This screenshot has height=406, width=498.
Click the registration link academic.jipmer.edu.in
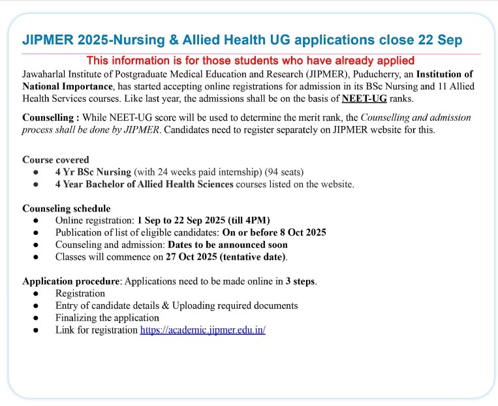pos(203,330)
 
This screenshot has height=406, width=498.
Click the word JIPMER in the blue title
pos(47,40)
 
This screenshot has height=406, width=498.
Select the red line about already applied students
pos(251,61)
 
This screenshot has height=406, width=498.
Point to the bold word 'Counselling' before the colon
pos(50,117)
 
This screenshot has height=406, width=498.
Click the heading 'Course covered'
pos(55,159)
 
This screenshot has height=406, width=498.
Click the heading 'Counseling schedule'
pos(63,208)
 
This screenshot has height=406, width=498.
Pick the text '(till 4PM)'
pos(248,220)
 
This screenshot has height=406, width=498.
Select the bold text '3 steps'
pos(300,281)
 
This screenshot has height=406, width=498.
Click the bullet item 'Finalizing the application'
pos(107,318)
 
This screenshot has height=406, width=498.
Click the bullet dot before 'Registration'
pos(34,294)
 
